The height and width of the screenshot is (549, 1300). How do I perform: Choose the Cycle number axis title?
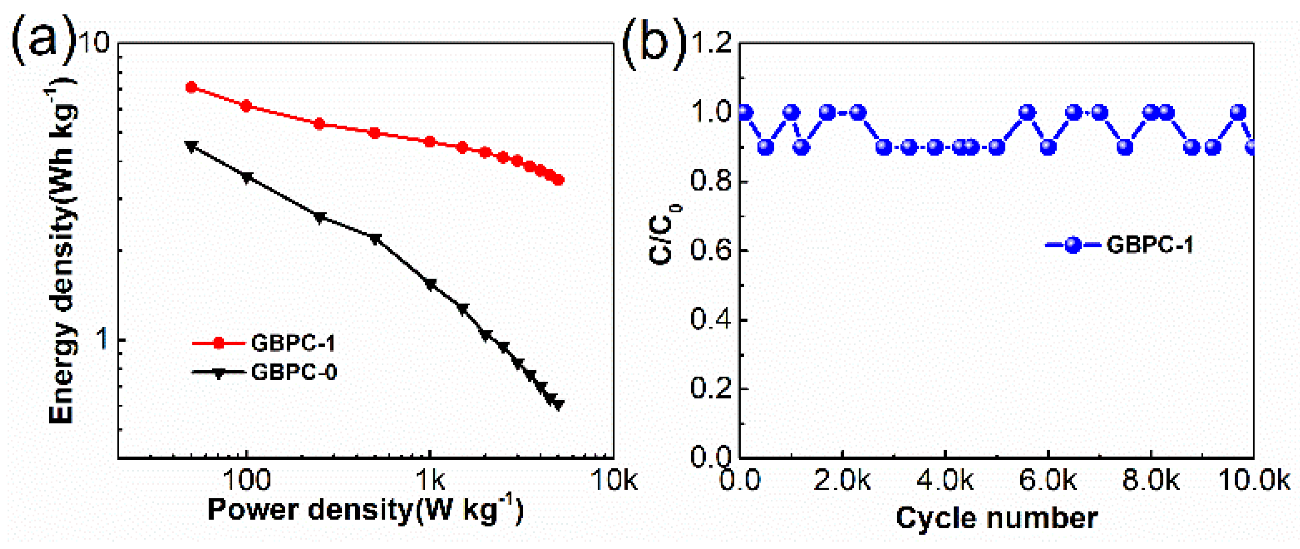point(997,518)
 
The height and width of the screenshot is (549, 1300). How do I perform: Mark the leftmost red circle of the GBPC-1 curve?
point(191,87)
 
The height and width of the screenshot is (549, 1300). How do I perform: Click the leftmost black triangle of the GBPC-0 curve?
point(191,146)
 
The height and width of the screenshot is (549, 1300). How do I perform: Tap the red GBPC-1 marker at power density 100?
point(246,106)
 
